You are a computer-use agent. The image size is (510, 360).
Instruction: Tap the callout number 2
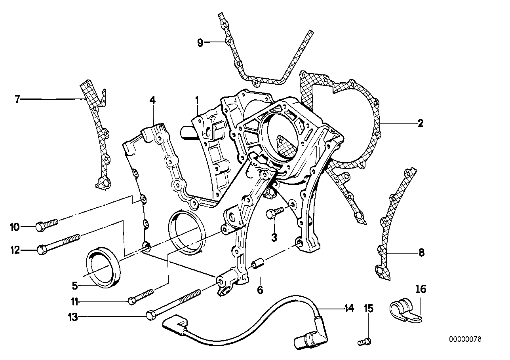click(420, 123)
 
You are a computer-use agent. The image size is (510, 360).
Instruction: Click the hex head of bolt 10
click(40, 227)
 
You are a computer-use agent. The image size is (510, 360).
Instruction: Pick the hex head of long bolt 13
click(150, 315)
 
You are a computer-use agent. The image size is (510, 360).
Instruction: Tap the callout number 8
click(421, 252)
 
